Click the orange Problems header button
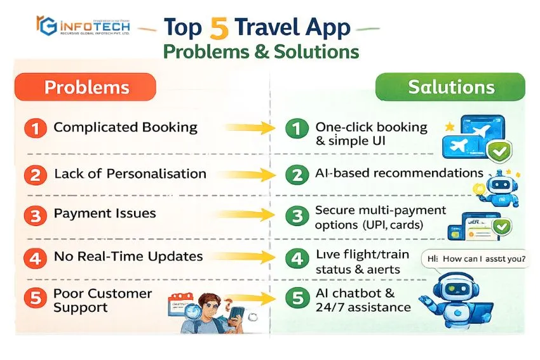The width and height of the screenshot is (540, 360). pos(85,87)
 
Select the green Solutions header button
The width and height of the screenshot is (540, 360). pos(450,87)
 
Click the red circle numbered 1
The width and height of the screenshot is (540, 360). pos(36,128)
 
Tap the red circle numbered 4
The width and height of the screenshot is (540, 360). pos(36,258)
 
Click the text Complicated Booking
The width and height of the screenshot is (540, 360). pos(125,127)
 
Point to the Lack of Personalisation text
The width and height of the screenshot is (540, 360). pos(130,173)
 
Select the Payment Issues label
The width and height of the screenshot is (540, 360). pos(105,213)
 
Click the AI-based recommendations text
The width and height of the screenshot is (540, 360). pos(399,173)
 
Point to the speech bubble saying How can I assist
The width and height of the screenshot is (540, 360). pos(475,258)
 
